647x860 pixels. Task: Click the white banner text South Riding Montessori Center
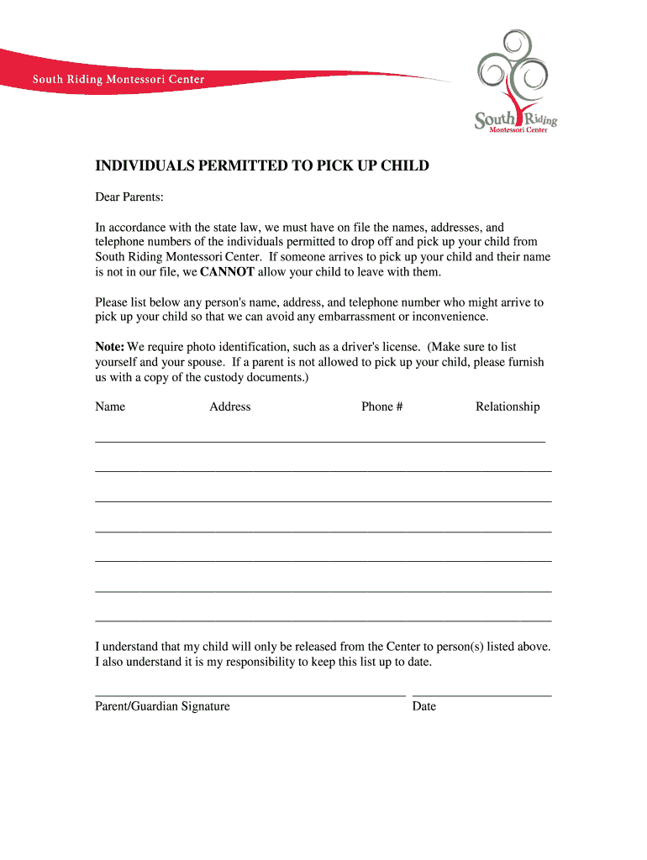click(x=118, y=80)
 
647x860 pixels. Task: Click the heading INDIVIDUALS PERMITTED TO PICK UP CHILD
click(x=262, y=166)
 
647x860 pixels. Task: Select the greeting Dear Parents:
click(x=129, y=197)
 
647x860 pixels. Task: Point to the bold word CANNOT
click(x=228, y=272)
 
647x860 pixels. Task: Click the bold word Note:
click(x=110, y=347)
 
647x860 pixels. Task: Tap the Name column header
click(x=110, y=406)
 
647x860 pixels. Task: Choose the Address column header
click(x=230, y=406)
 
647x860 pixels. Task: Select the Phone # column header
click(x=382, y=406)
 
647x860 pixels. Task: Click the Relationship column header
click(x=508, y=406)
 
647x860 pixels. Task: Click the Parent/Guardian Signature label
click(x=162, y=706)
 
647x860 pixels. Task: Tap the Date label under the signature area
click(x=424, y=706)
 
